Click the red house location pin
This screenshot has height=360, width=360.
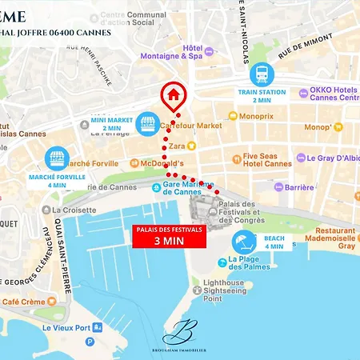coord(173,98)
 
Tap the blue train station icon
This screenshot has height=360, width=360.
coord(262,74)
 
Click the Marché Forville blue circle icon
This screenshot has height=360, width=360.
coord(56,157)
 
